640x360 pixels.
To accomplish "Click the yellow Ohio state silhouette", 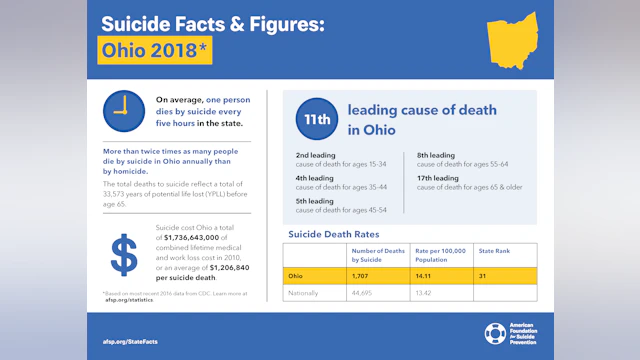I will (512, 41).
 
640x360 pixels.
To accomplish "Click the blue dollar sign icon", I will (124, 255).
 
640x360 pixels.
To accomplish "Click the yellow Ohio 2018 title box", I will (154, 50).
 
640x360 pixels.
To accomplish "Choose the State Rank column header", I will (494, 251).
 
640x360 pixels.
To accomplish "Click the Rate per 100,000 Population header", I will (439, 254).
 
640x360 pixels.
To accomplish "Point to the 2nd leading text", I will (316, 155).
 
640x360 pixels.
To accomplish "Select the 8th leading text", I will (437, 155).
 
